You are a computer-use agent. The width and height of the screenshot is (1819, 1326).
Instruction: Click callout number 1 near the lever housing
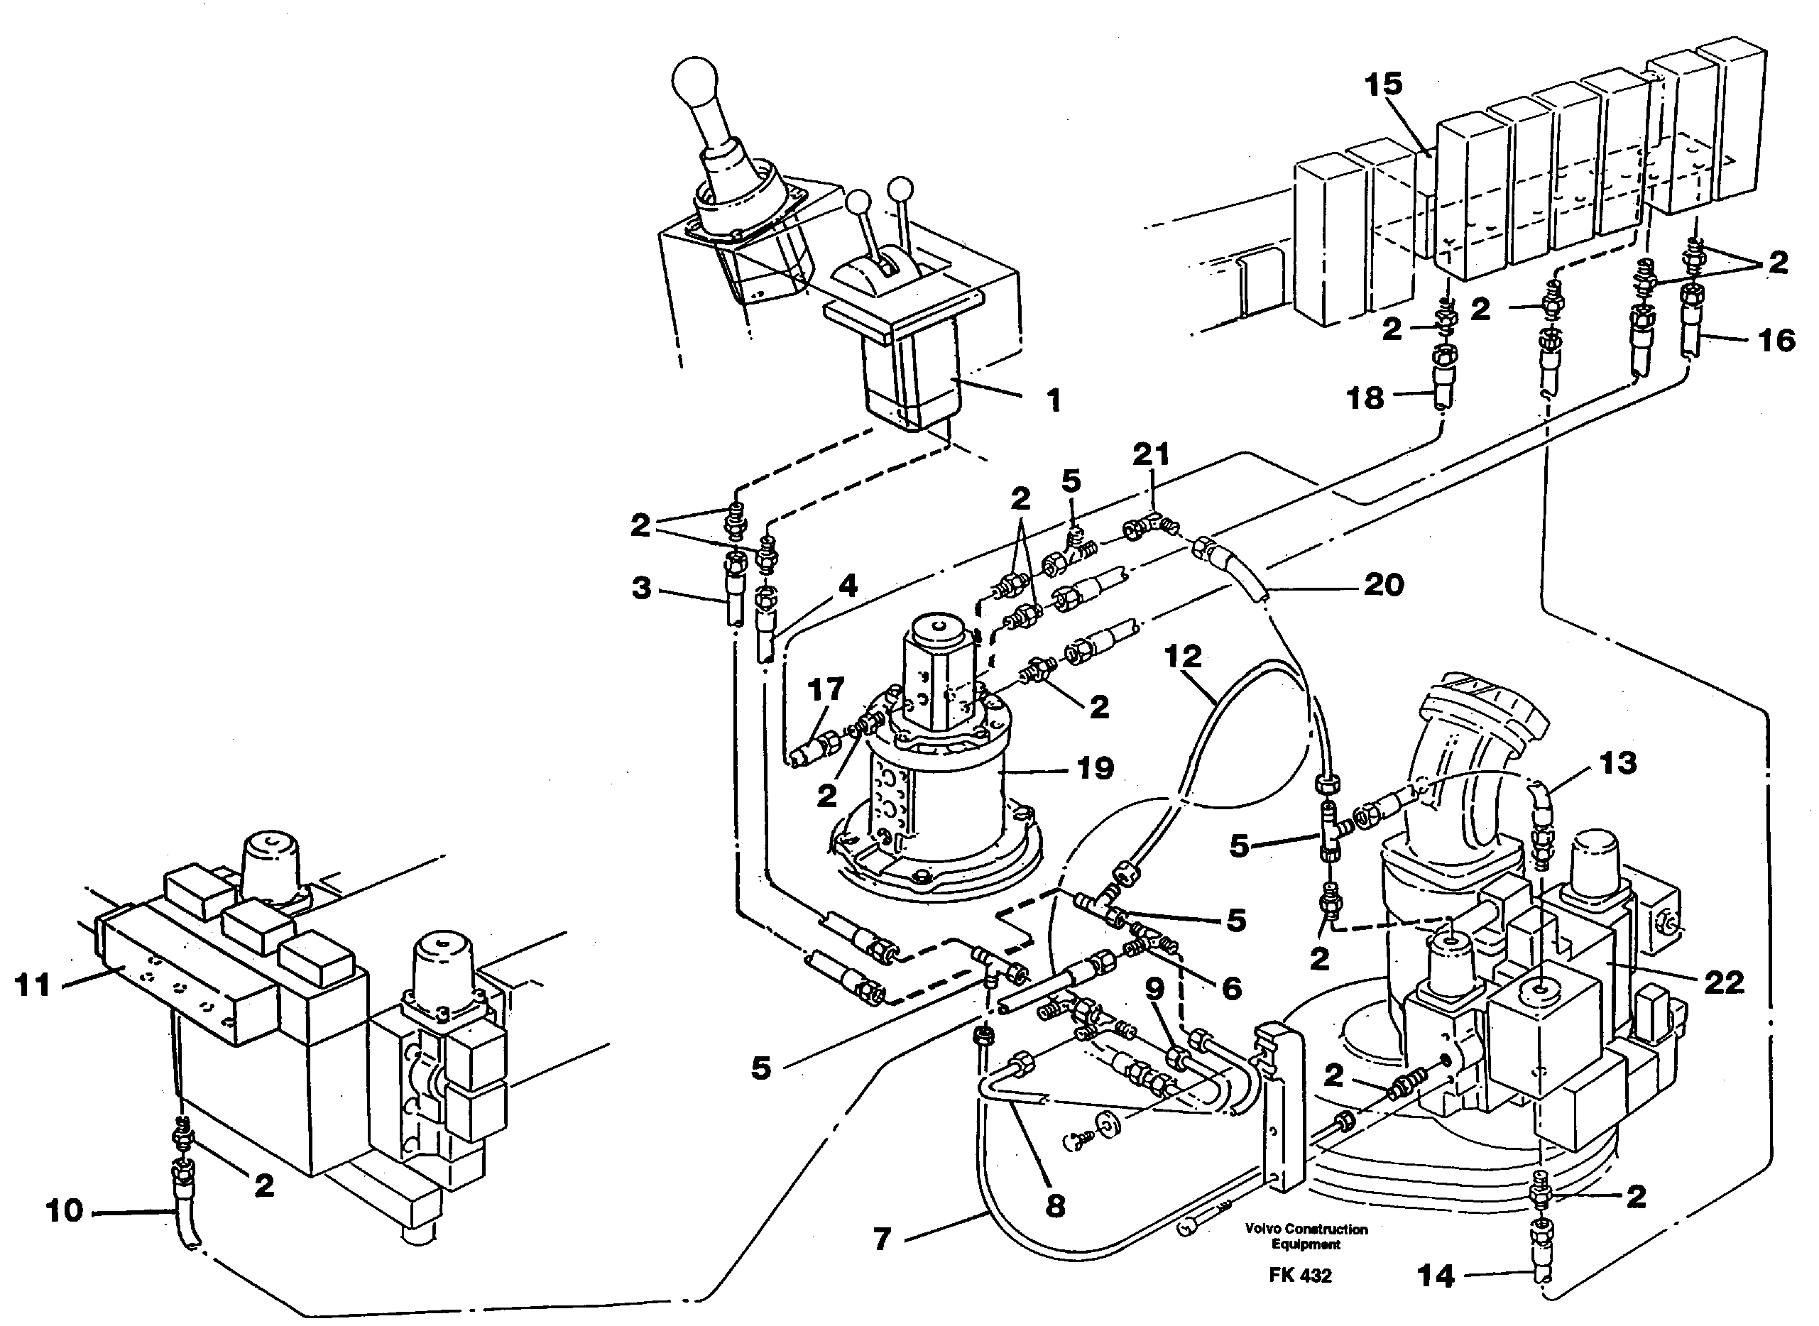pyautogui.click(x=1054, y=400)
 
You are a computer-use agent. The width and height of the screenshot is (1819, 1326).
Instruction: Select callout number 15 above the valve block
pyautogui.click(x=1383, y=84)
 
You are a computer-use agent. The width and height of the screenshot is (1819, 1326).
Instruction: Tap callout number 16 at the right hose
pyautogui.click(x=1776, y=340)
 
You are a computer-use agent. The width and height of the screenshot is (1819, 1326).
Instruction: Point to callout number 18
pyautogui.click(x=1365, y=398)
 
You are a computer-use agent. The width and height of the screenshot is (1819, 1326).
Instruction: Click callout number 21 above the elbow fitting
pyautogui.click(x=1151, y=455)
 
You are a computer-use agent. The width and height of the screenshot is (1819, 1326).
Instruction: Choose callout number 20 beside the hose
pyautogui.click(x=1383, y=584)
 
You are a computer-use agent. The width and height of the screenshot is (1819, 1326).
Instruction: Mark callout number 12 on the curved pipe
pyautogui.click(x=1182, y=657)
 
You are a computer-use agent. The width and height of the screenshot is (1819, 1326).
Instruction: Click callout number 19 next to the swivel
pyautogui.click(x=1096, y=768)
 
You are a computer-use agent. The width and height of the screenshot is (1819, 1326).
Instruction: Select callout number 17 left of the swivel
pyautogui.click(x=826, y=689)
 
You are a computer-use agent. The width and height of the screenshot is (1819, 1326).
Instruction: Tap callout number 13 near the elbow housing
pyautogui.click(x=1617, y=762)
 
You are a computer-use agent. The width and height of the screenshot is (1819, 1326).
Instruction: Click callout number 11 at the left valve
pyautogui.click(x=33, y=984)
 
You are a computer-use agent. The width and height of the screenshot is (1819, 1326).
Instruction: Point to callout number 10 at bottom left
pyautogui.click(x=64, y=1210)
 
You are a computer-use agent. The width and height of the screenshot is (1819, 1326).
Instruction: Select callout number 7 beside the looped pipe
pyautogui.click(x=883, y=1240)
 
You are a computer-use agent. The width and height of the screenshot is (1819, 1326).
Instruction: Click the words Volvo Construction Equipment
pyautogui.click(x=1306, y=1237)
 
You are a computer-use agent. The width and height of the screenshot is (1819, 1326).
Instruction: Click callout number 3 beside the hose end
pyautogui.click(x=641, y=588)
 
